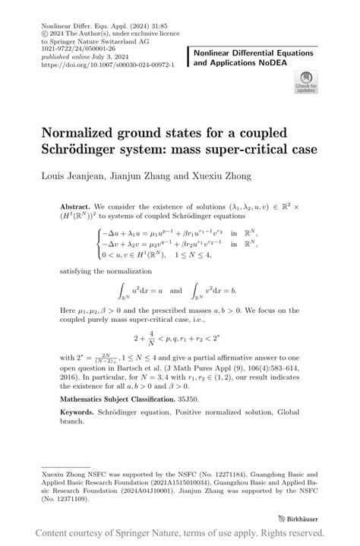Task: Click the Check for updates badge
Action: pos(307,82)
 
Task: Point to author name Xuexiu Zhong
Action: pos(214,176)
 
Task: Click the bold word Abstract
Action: pos(74,206)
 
